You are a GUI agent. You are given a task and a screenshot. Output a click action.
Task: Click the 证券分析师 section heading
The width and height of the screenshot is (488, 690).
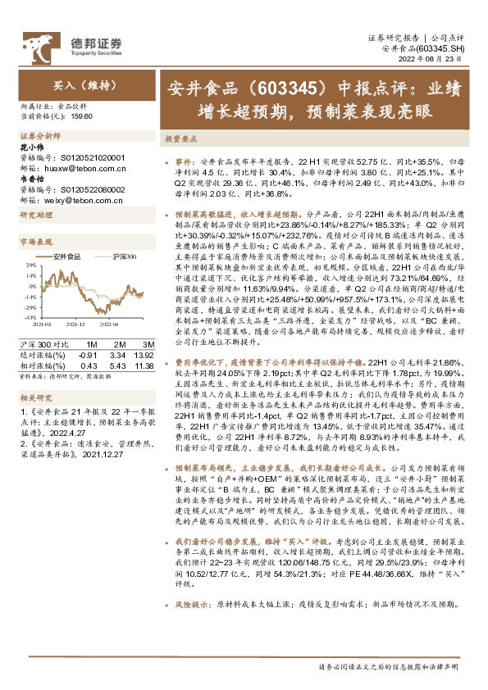tap(39, 134)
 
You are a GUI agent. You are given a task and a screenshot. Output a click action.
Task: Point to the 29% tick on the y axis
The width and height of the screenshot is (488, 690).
tap(31, 266)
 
